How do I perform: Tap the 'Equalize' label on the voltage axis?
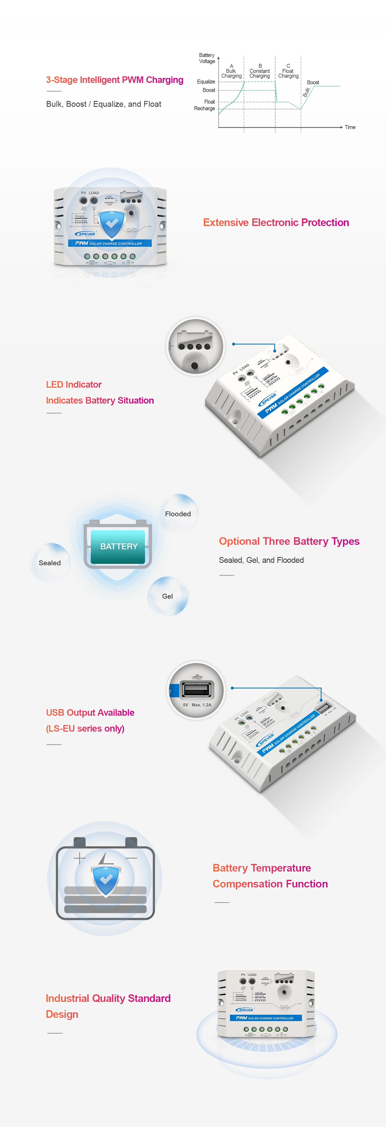206,82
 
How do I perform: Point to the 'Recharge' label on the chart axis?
205,108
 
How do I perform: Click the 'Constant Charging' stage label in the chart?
259,73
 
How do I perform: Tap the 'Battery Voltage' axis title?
207,58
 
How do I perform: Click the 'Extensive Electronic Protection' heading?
276,223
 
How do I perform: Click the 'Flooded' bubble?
178,514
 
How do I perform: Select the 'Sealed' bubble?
50,563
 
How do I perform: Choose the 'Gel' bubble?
167,596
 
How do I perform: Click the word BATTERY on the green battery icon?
119,546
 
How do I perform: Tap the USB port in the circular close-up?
197,690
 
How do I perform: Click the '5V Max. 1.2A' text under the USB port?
197,705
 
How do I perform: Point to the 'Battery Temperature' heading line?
262,868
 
